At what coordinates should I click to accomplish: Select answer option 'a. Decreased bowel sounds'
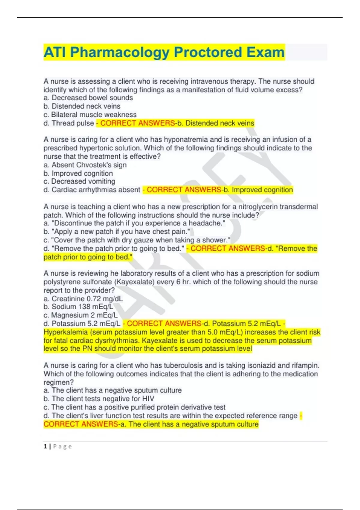[88, 98]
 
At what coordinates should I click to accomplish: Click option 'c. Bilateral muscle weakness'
[90, 115]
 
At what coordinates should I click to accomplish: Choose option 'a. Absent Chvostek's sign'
[85, 165]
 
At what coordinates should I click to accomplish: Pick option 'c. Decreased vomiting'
[79, 181]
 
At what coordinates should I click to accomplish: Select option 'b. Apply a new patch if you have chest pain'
[117, 232]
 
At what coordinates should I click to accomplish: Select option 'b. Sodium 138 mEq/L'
[79, 307]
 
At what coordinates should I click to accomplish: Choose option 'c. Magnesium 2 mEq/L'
[81, 315]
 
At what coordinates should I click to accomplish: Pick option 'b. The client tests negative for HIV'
[99, 399]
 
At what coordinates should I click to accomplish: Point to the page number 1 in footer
[45, 446]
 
